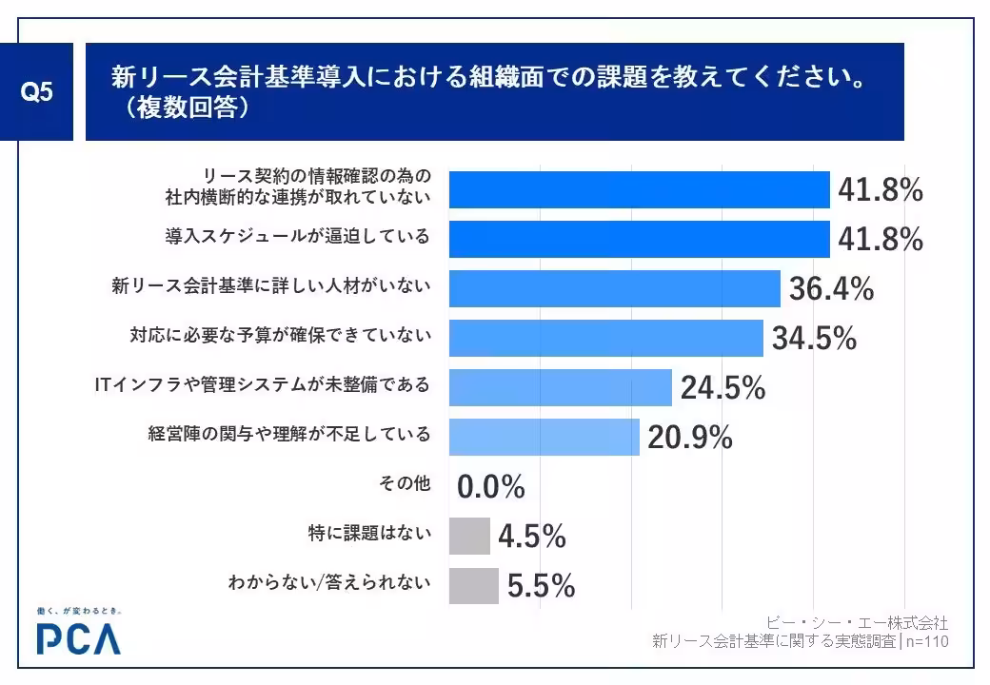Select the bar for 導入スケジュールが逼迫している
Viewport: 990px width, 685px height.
click(639, 239)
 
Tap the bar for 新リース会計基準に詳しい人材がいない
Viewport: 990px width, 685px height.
click(614, 288)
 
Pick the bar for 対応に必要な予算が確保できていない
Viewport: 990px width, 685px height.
click(605, 338)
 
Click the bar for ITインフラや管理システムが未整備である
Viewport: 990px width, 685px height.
click(560, 387)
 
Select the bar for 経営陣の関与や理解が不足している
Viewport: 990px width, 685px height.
click(544, 437)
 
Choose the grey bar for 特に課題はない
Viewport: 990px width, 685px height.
click(469, 536)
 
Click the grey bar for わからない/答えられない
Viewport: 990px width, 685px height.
click(473, 585)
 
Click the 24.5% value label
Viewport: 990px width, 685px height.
click(723, 388)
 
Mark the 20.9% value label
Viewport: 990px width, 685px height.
click(690, 438)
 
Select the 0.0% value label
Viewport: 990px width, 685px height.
click(491, 488)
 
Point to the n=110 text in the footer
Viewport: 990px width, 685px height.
click(927, 642)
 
